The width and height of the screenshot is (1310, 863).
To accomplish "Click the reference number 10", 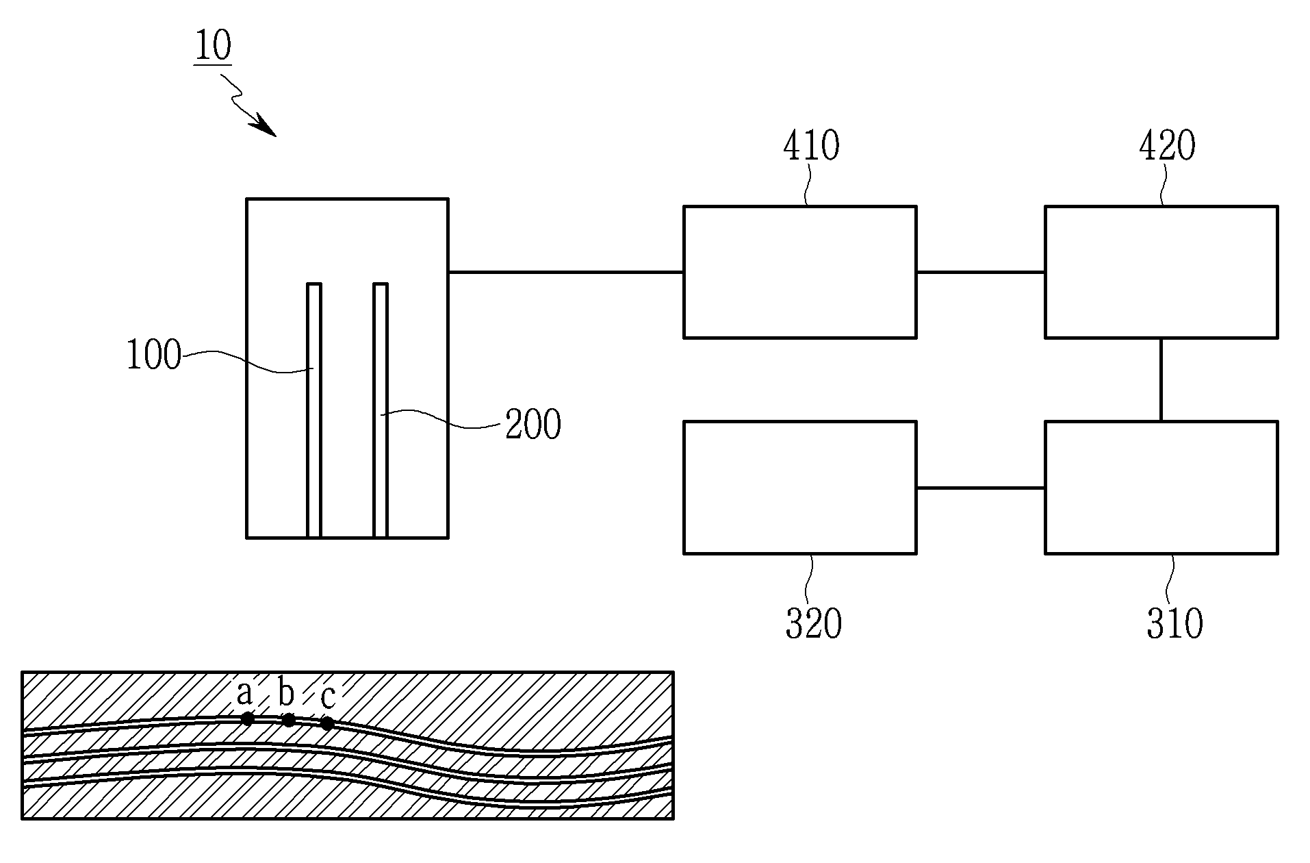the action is [214, 47].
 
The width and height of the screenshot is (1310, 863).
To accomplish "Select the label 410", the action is [811, 147].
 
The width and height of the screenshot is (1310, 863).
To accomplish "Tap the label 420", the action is [1167, 147].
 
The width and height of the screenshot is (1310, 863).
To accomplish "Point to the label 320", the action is [813, 624].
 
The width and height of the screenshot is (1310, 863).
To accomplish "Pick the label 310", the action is [1174, 624].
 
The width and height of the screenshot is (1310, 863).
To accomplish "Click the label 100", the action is [154, 356].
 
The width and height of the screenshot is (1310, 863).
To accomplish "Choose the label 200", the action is [533, 425].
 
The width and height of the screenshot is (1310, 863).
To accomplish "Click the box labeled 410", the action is [800, 272].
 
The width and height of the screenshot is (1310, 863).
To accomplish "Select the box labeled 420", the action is [1161, 272].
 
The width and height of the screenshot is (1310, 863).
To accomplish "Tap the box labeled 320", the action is [800, 487].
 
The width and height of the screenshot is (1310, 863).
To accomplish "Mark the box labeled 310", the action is [1161, 487].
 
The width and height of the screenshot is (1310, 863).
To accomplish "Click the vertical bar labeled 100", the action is [313, 410].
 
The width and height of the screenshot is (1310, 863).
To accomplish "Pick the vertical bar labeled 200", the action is [381, 410].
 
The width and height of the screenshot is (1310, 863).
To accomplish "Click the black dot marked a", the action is [248, 718].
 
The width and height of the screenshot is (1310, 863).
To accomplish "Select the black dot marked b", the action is [289, 720].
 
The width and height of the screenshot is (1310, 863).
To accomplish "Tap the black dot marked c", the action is [328, 723].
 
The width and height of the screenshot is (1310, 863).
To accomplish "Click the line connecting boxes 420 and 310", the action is [1161, 379].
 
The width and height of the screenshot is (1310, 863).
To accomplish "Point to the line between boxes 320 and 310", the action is [981, 488].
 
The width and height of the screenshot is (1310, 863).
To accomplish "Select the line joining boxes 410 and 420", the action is [981, 272].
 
